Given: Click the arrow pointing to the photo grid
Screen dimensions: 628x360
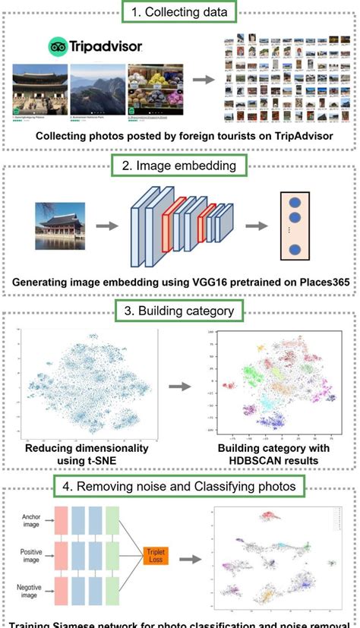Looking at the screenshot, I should click(203, 78).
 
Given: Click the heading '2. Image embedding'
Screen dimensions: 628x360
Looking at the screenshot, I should click(179, 164).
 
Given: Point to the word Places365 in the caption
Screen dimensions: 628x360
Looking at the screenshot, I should click(320, 283).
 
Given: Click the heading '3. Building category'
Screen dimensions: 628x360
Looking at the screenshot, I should click(180, 311).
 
